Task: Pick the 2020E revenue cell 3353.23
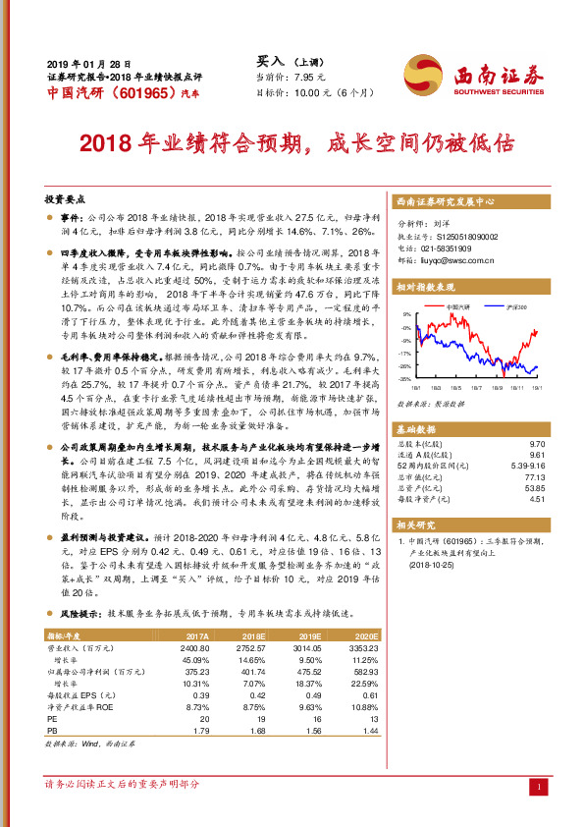[x=361, y=648]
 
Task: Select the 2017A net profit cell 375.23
[x=195, y=672]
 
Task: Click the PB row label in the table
[x=53, y=731]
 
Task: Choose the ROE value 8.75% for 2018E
[x=253, y=707]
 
